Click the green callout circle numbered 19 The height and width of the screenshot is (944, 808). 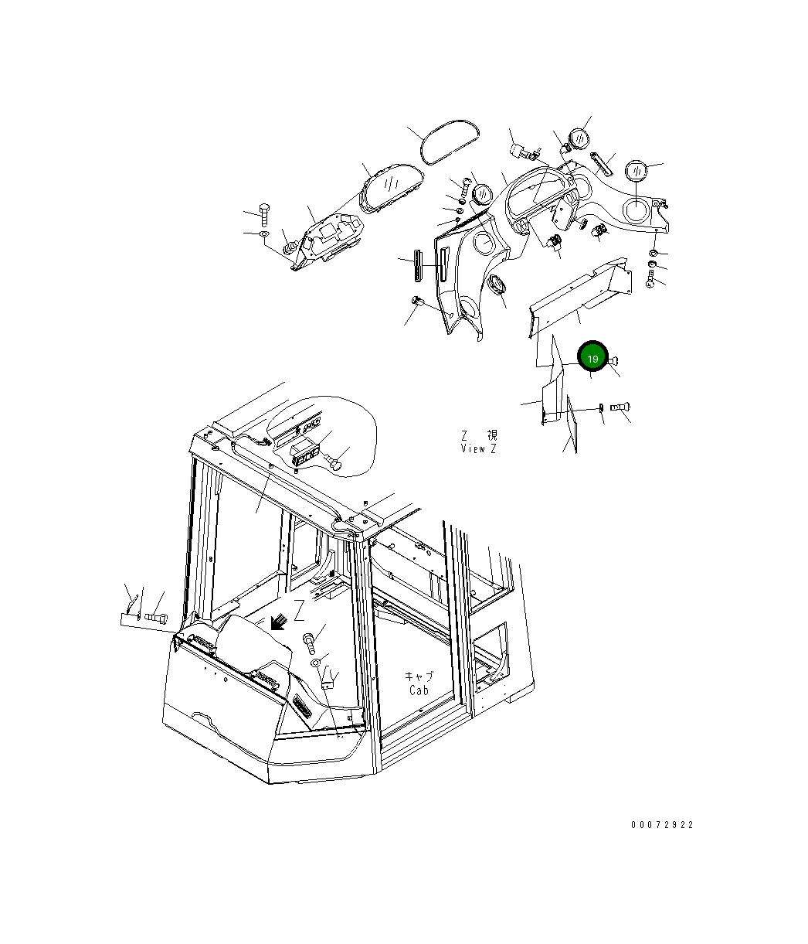[x=592, y=359]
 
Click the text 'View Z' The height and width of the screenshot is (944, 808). [x=478, y=448]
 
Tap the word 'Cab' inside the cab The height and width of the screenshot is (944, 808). [x=419, y=690]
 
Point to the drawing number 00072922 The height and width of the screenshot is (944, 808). [x=662, y=824]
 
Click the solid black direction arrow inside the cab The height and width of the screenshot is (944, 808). [x=277, y=622]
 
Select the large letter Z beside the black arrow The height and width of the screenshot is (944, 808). [x=299, y=610]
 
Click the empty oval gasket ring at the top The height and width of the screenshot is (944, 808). [x=450, y=142]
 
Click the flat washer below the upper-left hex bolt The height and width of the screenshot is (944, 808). [x=263, y=234]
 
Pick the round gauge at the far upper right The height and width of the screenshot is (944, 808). [x=636, y=170]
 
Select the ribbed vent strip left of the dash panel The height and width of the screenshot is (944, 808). [x=417, y=265]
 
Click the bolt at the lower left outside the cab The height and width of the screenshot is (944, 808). [x=156, y=618]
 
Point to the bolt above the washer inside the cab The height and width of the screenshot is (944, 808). [x=310, y=643]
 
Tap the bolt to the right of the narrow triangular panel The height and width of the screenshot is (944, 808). [x=620, y=406]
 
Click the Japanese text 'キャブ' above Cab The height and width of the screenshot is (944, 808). [x=419, y=676]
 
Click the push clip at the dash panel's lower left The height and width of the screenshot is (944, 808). [x=417, y=301]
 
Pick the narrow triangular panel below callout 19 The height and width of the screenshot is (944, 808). [x=572, y=424]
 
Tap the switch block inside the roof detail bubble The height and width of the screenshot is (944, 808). [x=303, y=455]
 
